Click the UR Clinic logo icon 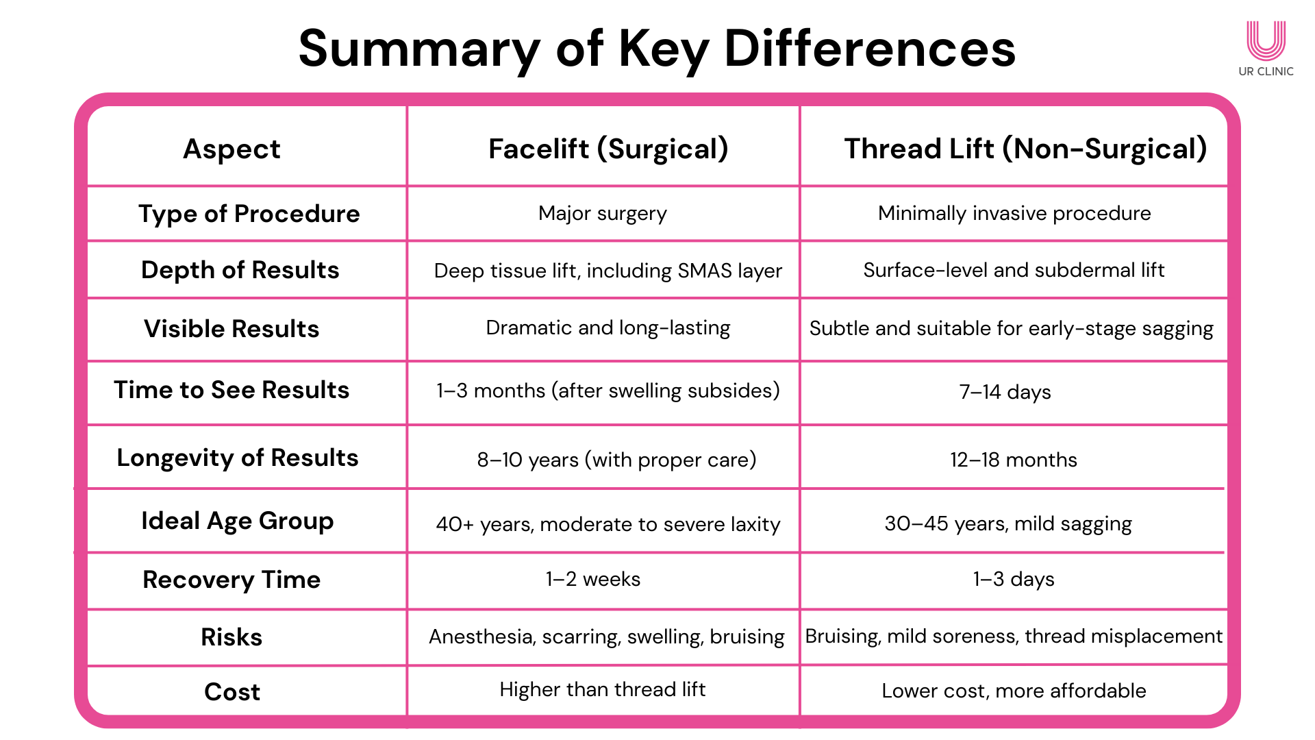click(1266, 41)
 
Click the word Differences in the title click(870, 49)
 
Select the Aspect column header click(231, 149)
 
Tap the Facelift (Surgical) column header click(608, 149)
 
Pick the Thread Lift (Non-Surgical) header click(1025, 149)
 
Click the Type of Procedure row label click(249, 214)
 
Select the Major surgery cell click(603, 214)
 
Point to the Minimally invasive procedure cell click(1014, 214)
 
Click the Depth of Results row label click(240, 270)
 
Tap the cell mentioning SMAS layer click(608, 271)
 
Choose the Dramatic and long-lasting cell click(608, 328)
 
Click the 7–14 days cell click(1005, 392)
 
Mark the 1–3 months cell click(608, 391)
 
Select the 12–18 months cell click(1014, 460)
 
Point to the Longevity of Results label click(238, 458)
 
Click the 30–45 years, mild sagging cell click(1008, 524)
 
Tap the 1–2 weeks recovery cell click(593, 580)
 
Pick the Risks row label click(231, 637)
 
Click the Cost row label click(232, 692)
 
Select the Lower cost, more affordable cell click(1014, 691)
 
